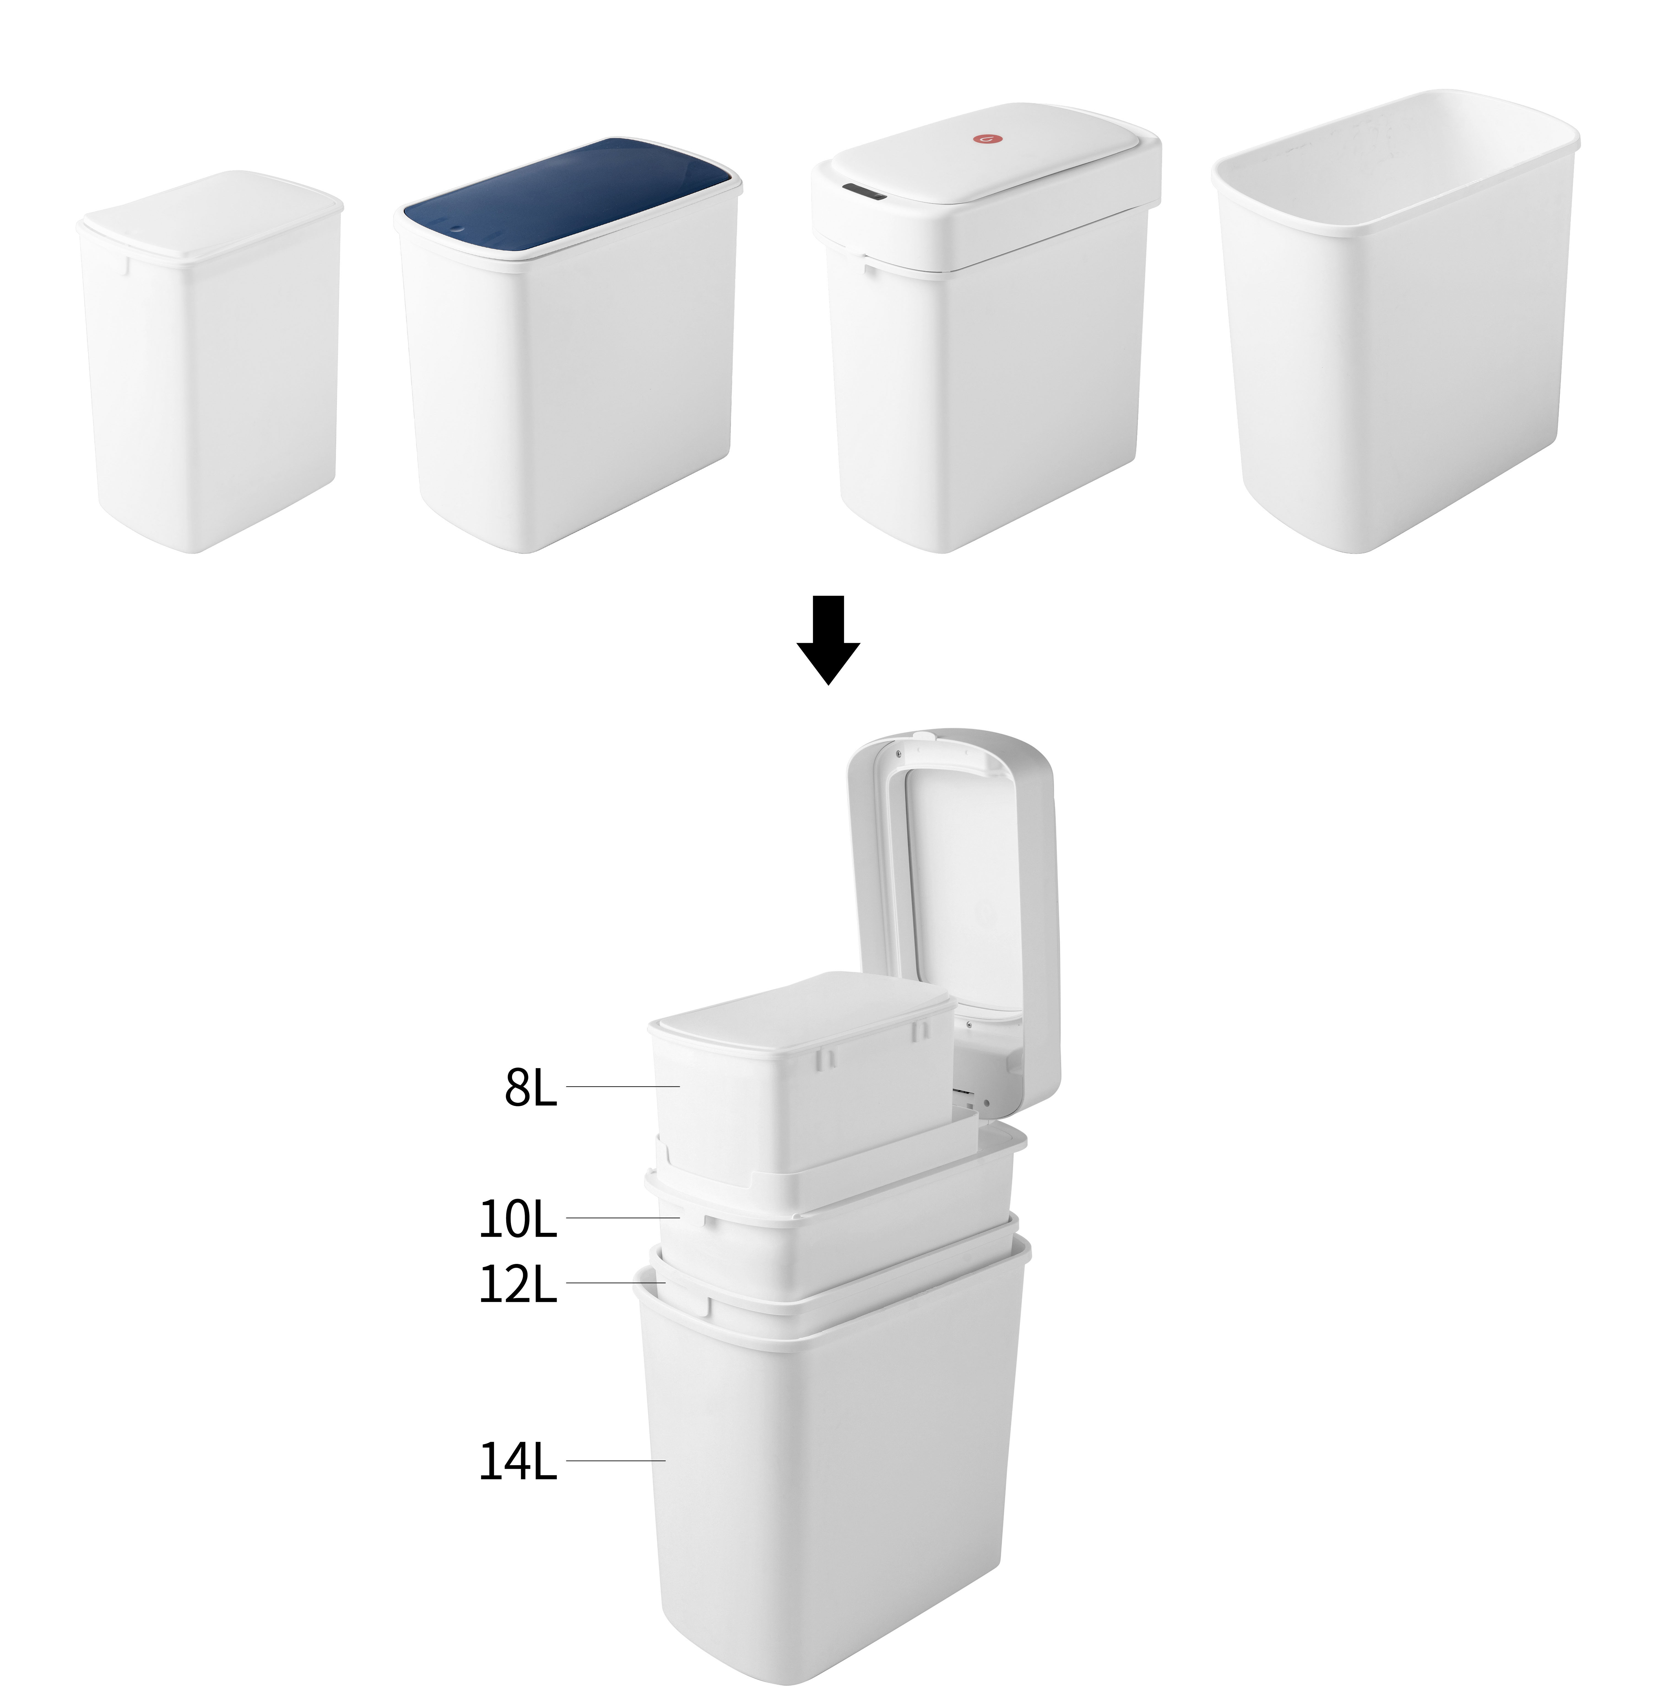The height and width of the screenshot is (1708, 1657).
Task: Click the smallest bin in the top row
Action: tap(209, 362)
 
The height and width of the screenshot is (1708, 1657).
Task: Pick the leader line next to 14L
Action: tap(615, 1460)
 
